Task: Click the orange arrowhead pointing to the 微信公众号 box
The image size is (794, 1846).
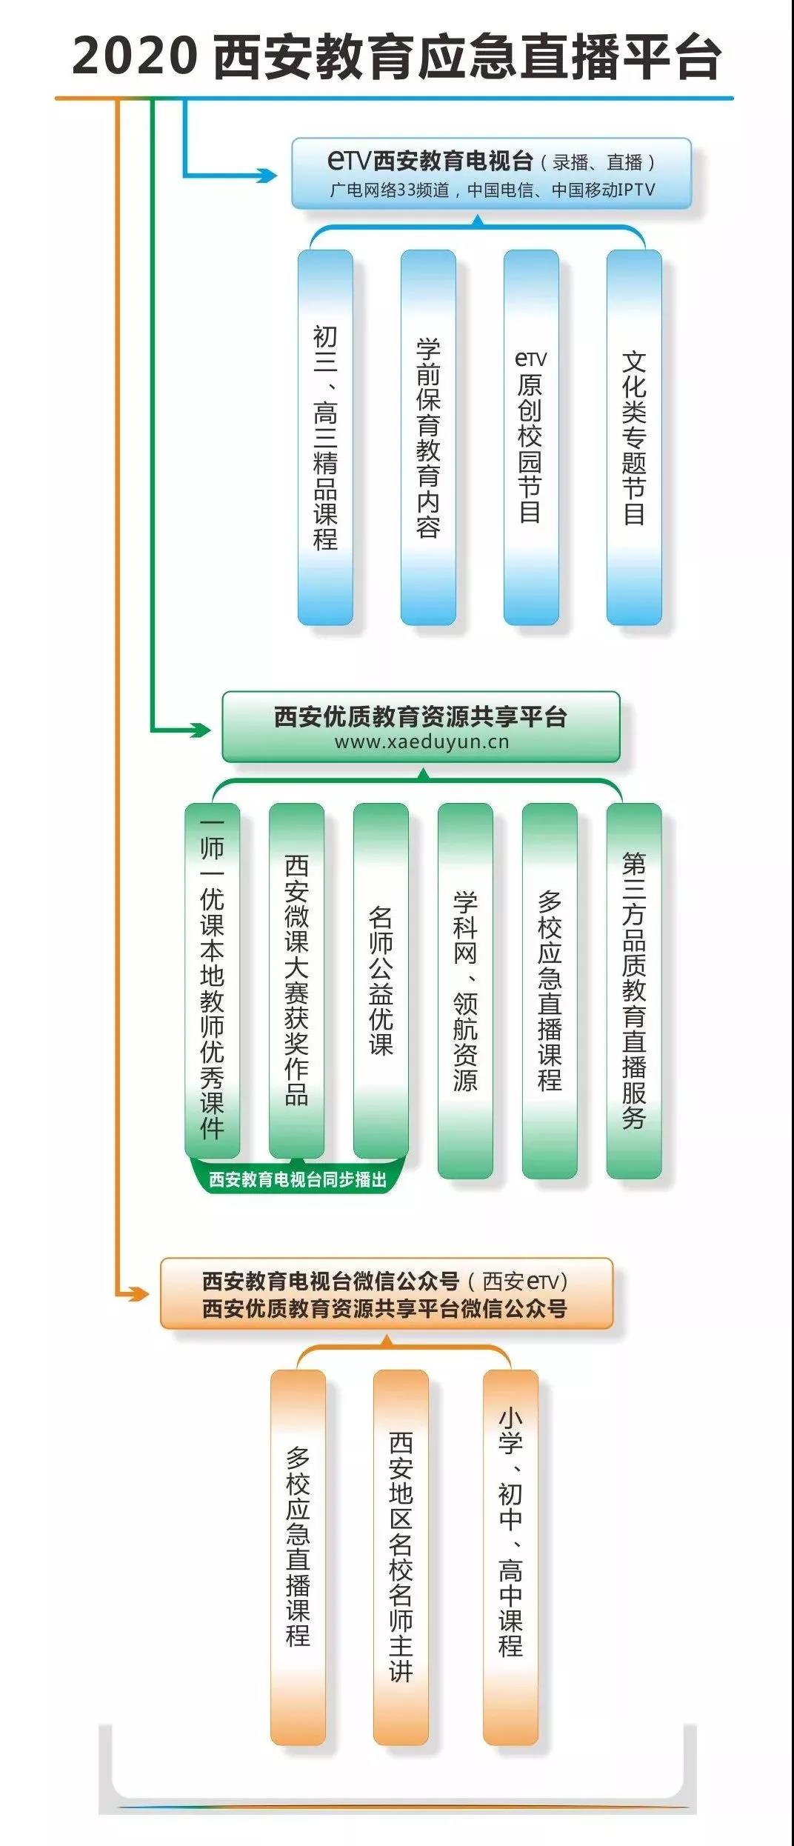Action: (x=137, y=1293)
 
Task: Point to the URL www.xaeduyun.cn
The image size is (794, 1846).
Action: (x=421, y=742)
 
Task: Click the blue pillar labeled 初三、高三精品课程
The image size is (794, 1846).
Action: (x=325, y=437)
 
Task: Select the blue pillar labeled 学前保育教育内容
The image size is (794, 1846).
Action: (x=428, y=437)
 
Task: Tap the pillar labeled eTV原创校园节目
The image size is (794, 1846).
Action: (x=531, y=437)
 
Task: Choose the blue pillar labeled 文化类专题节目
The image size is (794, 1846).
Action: (x=634, y=437)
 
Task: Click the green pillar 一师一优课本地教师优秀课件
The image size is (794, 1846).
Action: (x=213, y=980)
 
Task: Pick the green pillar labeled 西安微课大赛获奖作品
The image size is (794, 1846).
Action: (x=296, y=980)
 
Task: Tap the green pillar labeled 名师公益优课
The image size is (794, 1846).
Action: (x=381, y=980)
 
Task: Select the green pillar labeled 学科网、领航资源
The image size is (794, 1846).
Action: (x=465, y=990)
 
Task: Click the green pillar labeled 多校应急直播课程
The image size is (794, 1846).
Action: (x=550, y=990)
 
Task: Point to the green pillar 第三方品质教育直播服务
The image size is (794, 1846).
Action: (x=634, y=990)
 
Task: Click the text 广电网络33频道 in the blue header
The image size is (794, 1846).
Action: (x=390, y=190)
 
